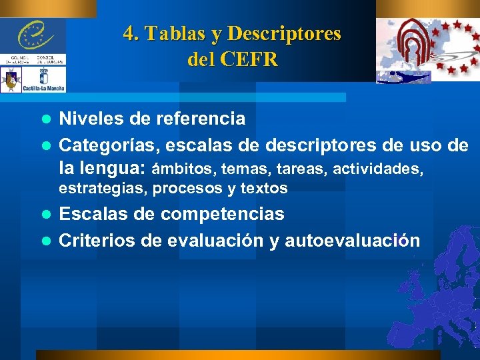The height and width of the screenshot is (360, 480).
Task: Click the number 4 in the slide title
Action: [x=129, y=33]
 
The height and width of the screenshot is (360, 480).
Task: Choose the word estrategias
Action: [x=103, y=189]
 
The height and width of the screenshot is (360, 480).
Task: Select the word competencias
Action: [x=223, y=214]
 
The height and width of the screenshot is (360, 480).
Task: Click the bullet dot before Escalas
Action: [x=47, y=215]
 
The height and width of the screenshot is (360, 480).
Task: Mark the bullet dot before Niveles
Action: [x=47, y=119]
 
